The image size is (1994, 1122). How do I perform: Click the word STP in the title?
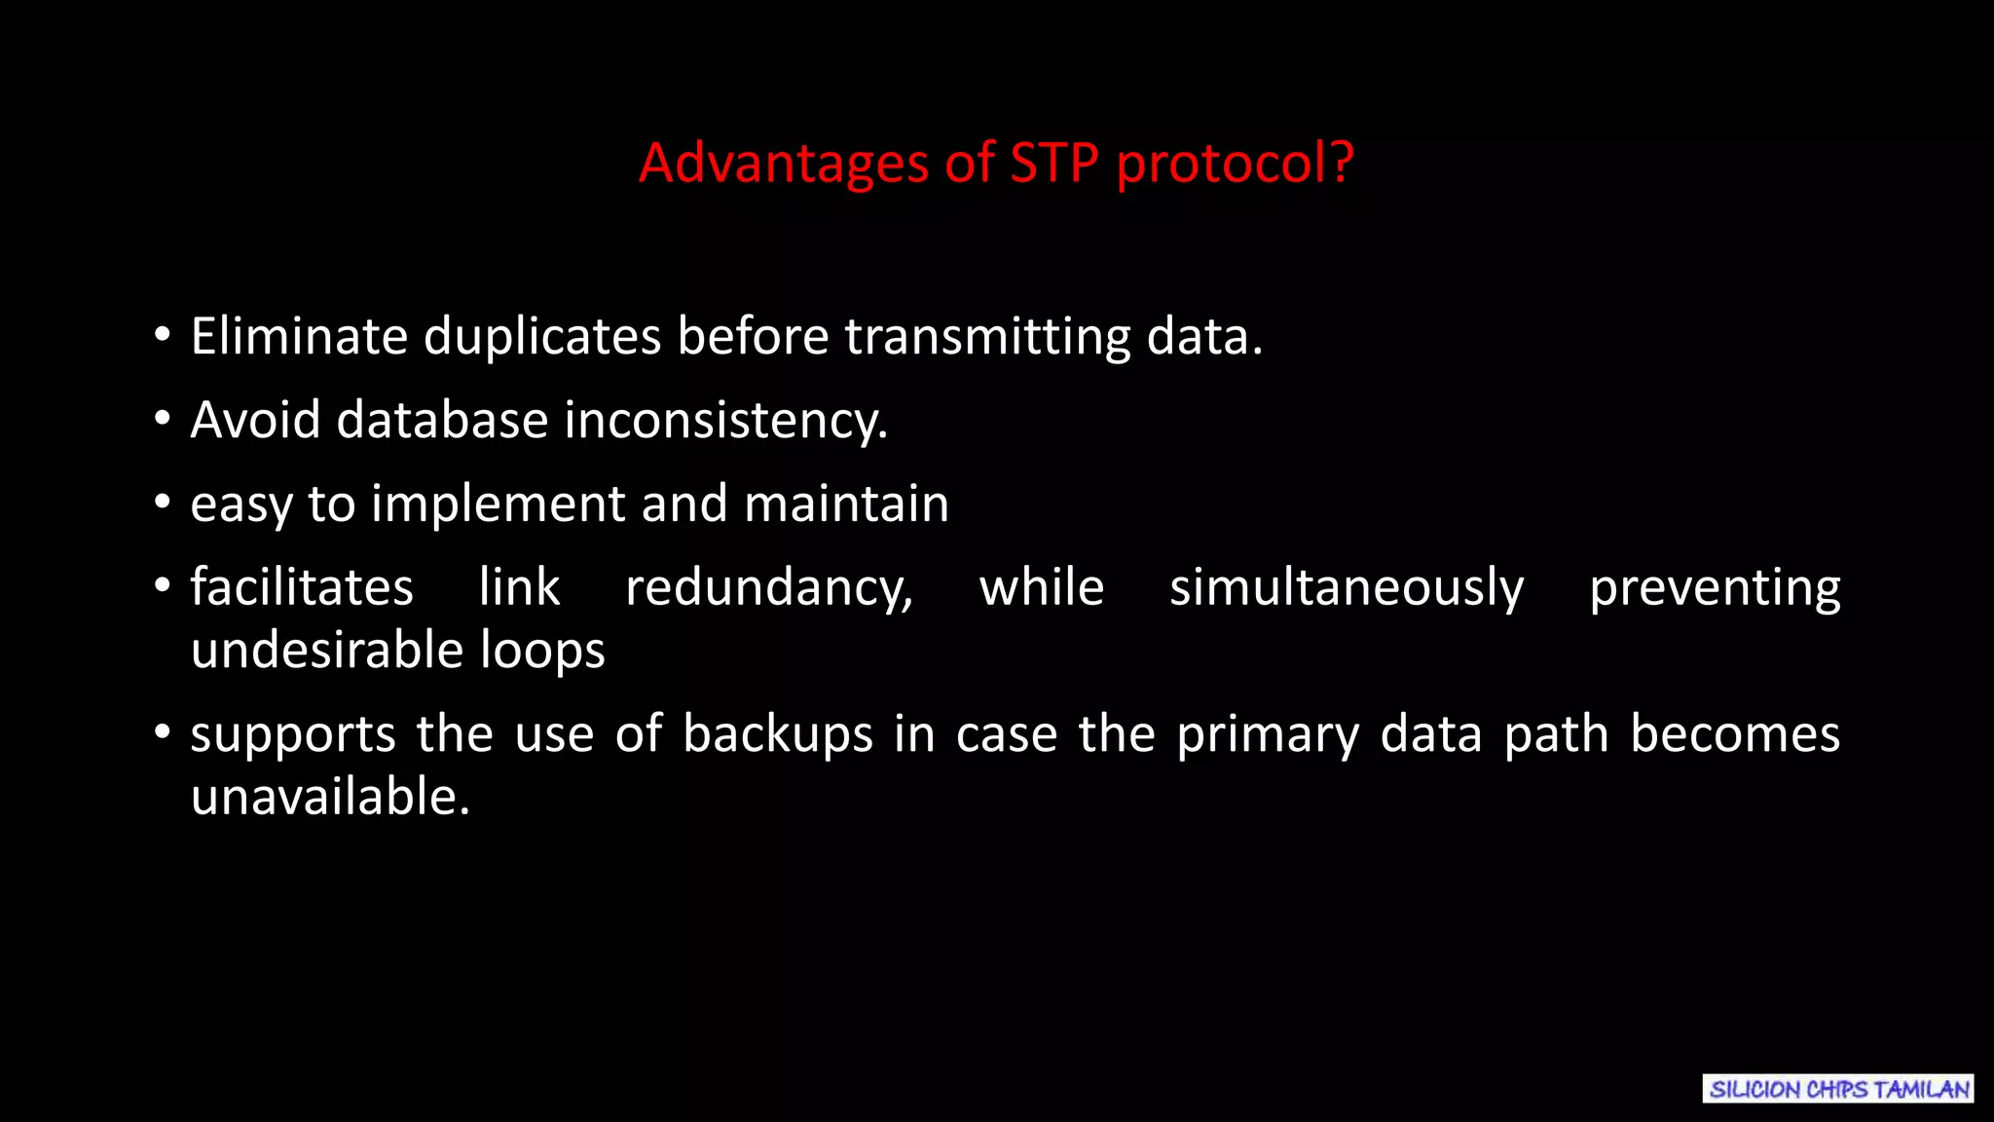[x=1054, y=163]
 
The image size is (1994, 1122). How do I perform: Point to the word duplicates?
[x=542, y=337]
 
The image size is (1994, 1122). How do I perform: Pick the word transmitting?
[x=987, y=337]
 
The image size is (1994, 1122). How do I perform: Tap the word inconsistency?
[x=725, y=421]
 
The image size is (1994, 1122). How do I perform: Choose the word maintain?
[x=846, y=505]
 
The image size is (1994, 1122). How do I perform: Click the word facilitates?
[x=302, y=587]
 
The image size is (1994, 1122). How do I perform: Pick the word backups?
[x=777, y=734]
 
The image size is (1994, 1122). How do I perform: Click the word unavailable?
[x=330, y=797]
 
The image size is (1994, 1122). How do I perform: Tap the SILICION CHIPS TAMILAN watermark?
[x=1838, y=1089]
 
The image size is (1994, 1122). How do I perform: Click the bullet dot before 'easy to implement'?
[x=163, y=504]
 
